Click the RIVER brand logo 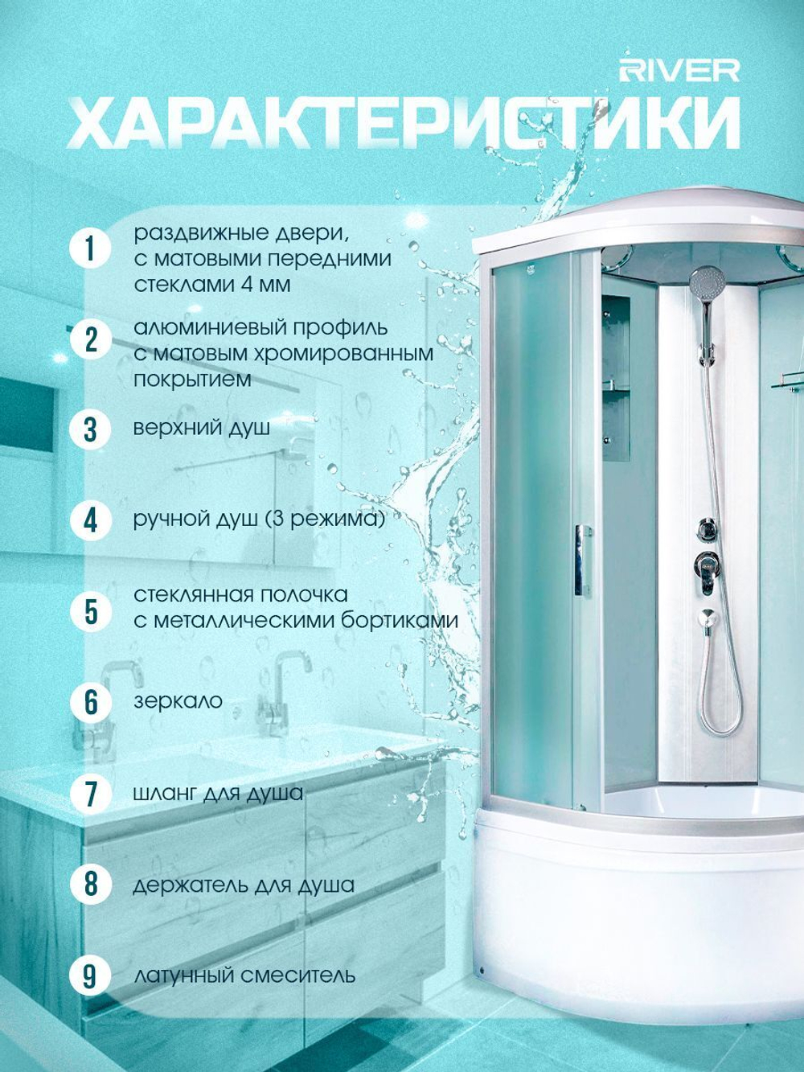(x=679, y=72)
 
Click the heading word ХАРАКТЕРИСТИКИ (x=404, y=123)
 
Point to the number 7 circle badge (x=89, y=794)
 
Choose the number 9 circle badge (x=89, y=975)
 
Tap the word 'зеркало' (x=178, y=701)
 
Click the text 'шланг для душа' (x=218, y=794)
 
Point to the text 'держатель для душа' (x=244, y=885)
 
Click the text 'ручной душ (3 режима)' (x=259, y=520)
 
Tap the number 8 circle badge (x=89, y=885)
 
